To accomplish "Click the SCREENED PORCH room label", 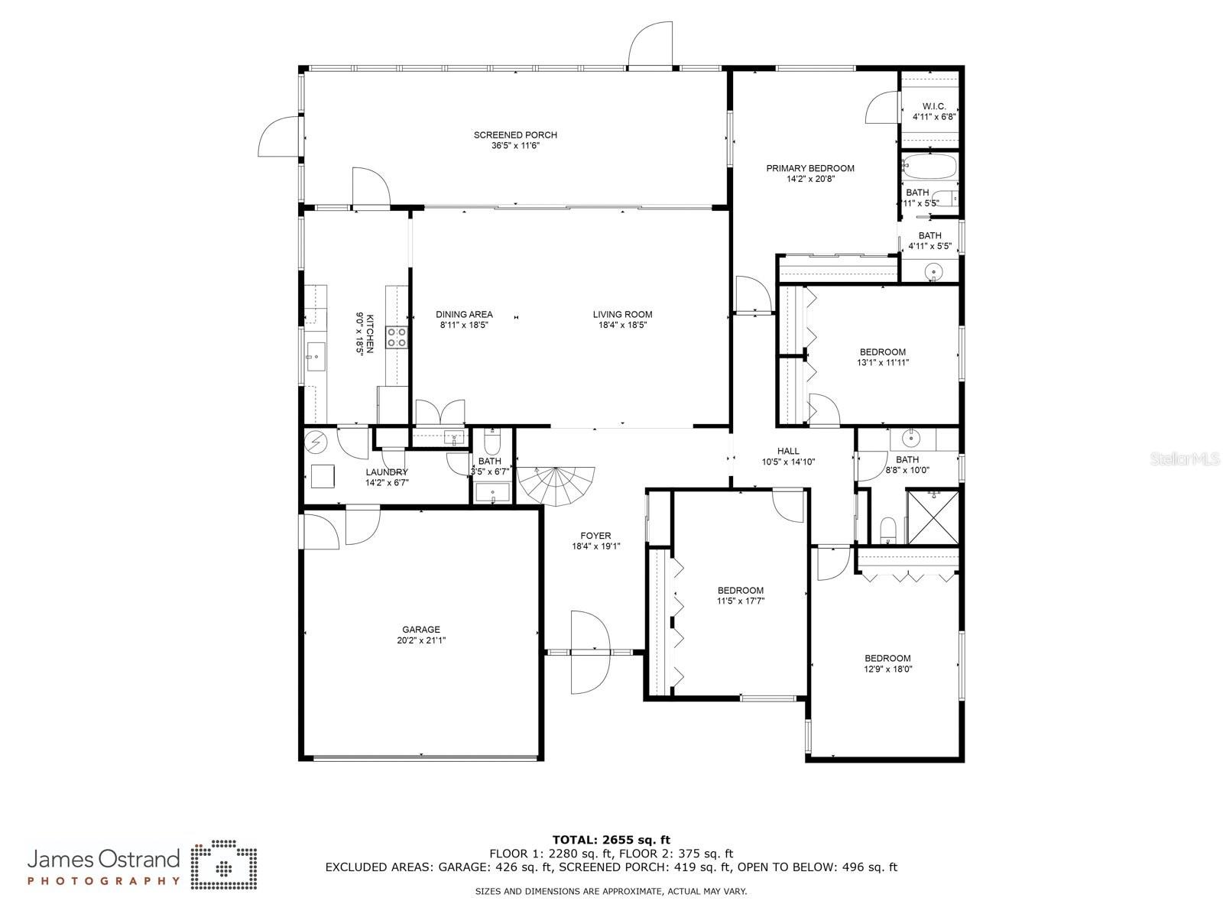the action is pyautogui.click(x=515, y=134).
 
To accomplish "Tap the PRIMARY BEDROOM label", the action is pyautogui.click(x=809, y=168).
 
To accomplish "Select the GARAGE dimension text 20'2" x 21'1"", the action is pyautogui.click(x=420, y=640).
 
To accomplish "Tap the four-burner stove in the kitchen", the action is pyautogui.click(x=397, y=337).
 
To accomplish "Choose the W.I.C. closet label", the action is pyautogui.click(x=934, y=105).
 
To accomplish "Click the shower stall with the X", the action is pyautogui.click(x=933, y=517).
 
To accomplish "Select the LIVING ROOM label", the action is pyautogui.click(x=621, y=315).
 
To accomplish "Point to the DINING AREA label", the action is pyautogui.click(x=464, y=315).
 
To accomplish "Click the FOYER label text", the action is pyautogui.click(x=595, y=536).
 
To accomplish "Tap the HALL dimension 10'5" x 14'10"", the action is pyautogui.click(x=788, y=462).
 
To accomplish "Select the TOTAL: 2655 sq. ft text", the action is pyautogui.click(x=611, y=840).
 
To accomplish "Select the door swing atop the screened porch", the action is pyautogui.click(x=650, y=44).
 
